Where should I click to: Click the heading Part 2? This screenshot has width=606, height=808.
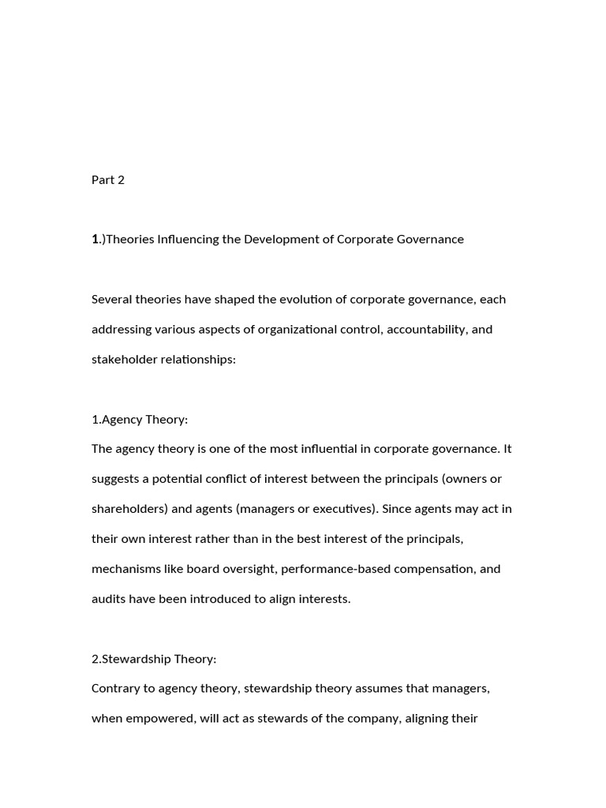[x=108, y=180]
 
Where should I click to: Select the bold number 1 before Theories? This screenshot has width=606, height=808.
[x=95, y=239]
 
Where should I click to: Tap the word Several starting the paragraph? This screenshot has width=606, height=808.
[x=112, y=300]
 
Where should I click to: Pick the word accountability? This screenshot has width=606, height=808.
[x=425, y=330]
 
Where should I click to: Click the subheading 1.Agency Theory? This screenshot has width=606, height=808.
[x=140, y=420]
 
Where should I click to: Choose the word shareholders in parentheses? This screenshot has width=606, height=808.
[x=129, y=510]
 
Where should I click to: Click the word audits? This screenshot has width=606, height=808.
[x=108, y=600]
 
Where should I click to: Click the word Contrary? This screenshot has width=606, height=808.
[x=116, y=690]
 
